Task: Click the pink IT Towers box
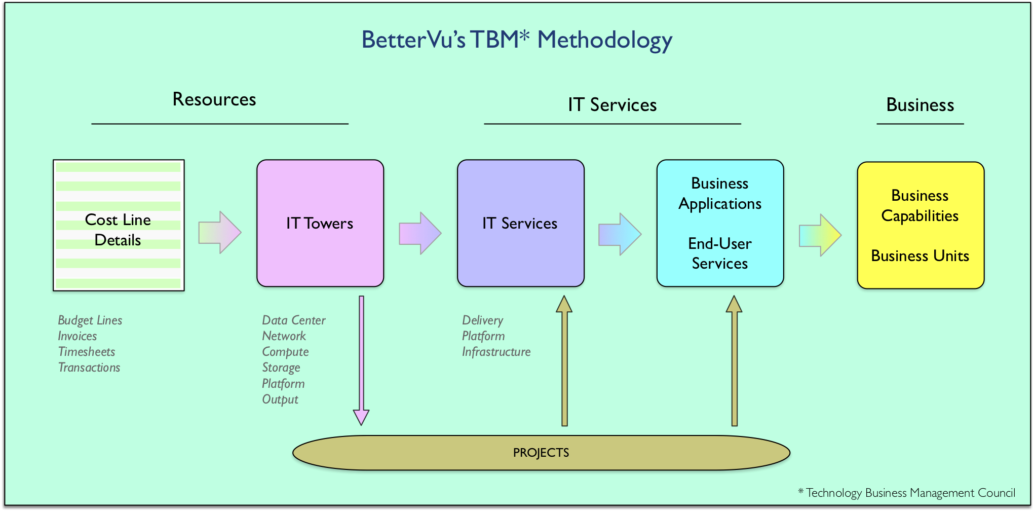pyautogui.click(x=320, y=223)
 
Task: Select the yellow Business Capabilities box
pyautogui.click(x=921, y=225)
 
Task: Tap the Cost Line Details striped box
pyautogui.click(x=119, y=225)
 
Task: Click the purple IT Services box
pyautogui.click(x=521, y=223)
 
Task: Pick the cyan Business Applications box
pyautogui.click(x=720, y=223)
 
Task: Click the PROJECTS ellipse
pyautogui.click(x=541, y=453)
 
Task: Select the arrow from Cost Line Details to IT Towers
pyautogui.click(x=220, y=232)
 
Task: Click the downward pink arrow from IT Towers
pyautogui.click(x=361, y=360)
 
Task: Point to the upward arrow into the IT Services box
pyautogui.click(x=564, y=360)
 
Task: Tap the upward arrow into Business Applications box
pyautogui.click(x=734, y=360)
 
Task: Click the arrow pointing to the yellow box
pyautogui.click(x=820, y=235)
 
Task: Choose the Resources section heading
pyautogui.click(x=214, y=99)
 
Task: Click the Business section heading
pyautogui.click(x=920, y=105)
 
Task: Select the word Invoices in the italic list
pyautogui.click(x=78, y=336)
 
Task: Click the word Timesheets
pyautogui.click(x=87, y=352)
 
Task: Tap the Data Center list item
pyautogui.click(x=294, y=320)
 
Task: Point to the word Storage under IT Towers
pyautogui.click(x=281, y=368)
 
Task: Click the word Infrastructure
pyautogui.click(x=496, y=352)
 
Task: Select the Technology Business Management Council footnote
pyautogui.click(x=907, y=493)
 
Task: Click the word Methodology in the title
pyautogui.click(x=605, y=40)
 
